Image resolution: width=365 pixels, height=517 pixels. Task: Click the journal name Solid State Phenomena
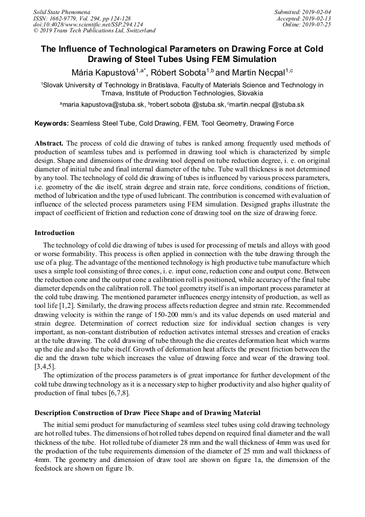[61, 11]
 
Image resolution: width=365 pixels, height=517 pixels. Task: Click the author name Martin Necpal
[258, 72]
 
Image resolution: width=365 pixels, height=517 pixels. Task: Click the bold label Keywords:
[52, 123]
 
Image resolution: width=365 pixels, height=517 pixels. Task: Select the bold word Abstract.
[49, 143]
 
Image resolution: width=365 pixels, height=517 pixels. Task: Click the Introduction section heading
[54, 233]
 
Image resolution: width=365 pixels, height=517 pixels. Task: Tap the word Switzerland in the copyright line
[137, 31]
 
